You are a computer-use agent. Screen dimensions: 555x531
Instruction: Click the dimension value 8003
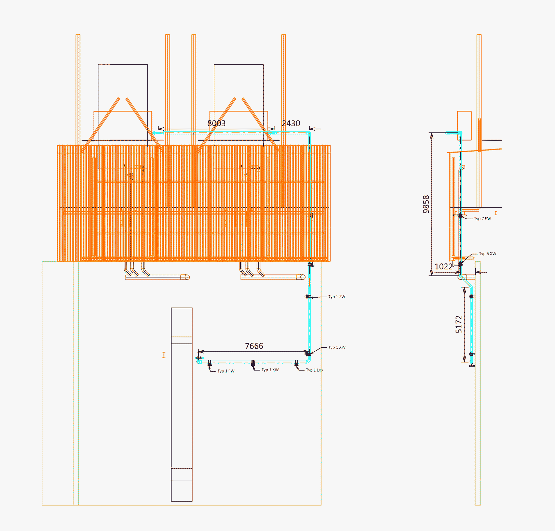(216, 123)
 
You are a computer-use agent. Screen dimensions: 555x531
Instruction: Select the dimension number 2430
(291, 123)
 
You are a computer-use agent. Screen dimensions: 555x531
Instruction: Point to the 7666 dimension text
(254, 346)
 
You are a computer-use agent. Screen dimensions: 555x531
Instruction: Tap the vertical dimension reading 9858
(426, 204)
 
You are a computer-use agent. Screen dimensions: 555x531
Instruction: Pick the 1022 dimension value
(443, 267)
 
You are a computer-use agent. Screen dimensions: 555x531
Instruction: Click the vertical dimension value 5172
(459, 324)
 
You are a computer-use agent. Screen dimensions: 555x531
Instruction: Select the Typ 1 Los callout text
(314, 370)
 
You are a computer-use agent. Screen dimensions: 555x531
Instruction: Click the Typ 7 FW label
(482, 219)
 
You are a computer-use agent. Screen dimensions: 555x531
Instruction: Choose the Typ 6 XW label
(487, 254)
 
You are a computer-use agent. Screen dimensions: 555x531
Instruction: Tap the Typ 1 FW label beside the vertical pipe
(337, 297)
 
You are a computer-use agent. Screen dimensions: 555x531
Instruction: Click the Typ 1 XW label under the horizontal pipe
(270, 370)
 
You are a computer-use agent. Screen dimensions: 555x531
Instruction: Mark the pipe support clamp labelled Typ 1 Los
(296, 363)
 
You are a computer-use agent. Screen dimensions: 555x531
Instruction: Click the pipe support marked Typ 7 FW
(460, 216)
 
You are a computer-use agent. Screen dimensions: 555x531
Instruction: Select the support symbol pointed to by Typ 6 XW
(460, 264)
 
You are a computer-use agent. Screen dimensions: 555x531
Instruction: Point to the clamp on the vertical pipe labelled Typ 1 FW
(309, 297)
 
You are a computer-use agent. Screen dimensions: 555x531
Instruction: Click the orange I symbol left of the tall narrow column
(164, 355)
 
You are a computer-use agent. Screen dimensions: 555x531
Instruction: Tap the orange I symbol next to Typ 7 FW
(496, 213)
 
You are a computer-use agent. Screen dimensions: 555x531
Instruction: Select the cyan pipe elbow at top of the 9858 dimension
(460, 133)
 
